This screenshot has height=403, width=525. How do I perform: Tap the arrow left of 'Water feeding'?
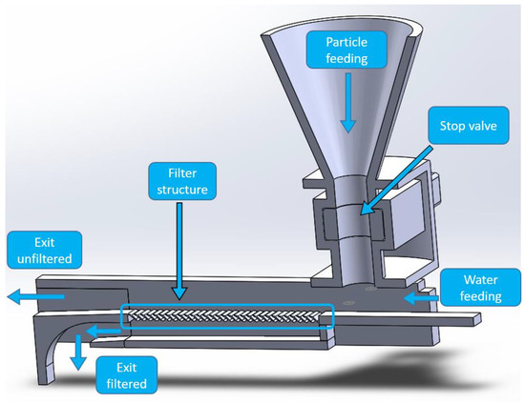coord(419,297)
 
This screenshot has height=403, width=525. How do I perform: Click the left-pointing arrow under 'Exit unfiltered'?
coord(33,296)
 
